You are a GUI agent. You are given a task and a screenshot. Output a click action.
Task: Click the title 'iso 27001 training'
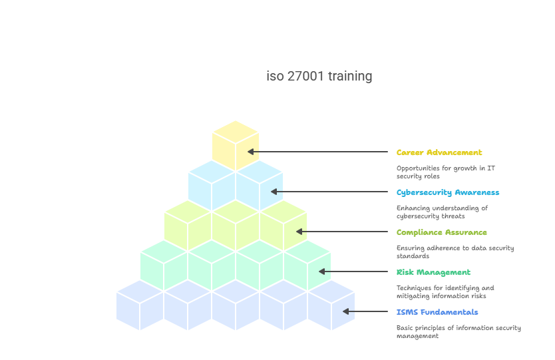(319, 76)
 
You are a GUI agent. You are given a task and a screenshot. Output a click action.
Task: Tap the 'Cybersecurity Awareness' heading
(448, 192)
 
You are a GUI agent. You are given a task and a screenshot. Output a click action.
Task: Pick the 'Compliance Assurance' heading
(442, 232)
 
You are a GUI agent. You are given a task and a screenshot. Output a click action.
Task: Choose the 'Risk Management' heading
(433, 272)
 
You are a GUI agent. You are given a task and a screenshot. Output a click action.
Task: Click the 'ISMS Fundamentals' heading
(437, 312)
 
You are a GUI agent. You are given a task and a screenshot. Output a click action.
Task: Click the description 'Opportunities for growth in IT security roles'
(446, 172)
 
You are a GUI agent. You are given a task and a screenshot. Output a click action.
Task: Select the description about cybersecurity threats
(442, 212)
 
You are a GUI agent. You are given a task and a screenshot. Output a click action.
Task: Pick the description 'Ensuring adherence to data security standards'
(455, 252)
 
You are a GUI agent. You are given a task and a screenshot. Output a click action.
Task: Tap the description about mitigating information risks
(445, 291)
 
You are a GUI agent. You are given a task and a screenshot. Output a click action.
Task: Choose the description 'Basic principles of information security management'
(459, 331)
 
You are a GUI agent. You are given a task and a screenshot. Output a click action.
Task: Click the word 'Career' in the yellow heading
(411, 152)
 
